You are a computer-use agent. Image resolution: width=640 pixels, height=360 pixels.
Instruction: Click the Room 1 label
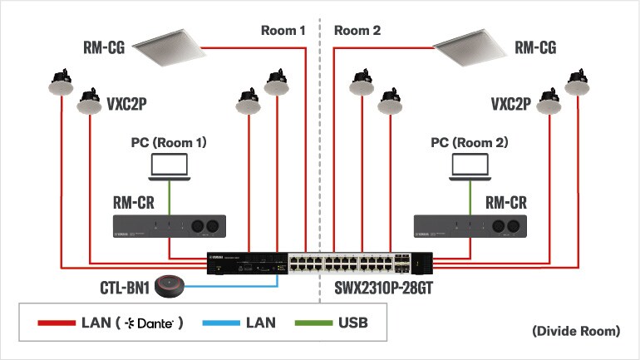point(283,31)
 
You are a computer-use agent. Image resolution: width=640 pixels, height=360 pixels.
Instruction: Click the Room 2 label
point(357,31)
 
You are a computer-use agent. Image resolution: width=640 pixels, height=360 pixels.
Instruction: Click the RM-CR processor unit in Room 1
point(170,225)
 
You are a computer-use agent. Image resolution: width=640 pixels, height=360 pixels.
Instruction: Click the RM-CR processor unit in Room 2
point(470,225)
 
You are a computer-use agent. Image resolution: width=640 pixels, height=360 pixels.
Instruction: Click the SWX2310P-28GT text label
point(377,290)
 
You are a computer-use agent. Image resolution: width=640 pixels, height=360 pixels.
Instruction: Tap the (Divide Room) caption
point(575,331)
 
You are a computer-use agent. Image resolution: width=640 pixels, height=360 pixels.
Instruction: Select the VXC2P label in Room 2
point(510,105)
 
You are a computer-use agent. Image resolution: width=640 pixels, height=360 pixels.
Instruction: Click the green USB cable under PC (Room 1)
point(169,196)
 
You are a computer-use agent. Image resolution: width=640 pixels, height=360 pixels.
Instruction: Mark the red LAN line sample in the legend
point(56,322)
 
